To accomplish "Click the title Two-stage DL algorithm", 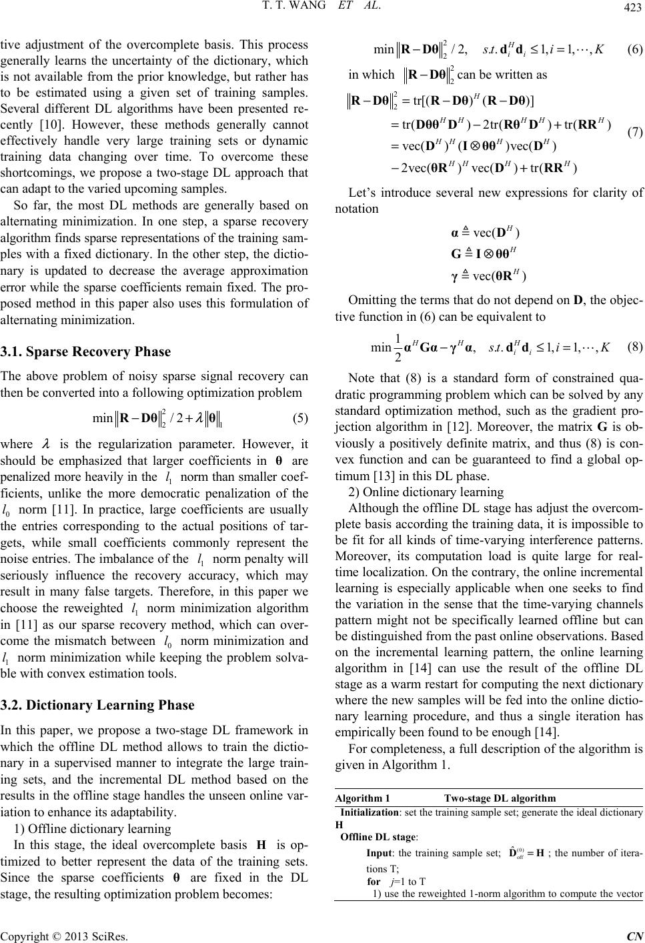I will [500, 798].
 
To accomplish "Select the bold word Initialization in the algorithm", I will [369, 812].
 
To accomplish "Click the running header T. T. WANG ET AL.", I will [323, 8].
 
